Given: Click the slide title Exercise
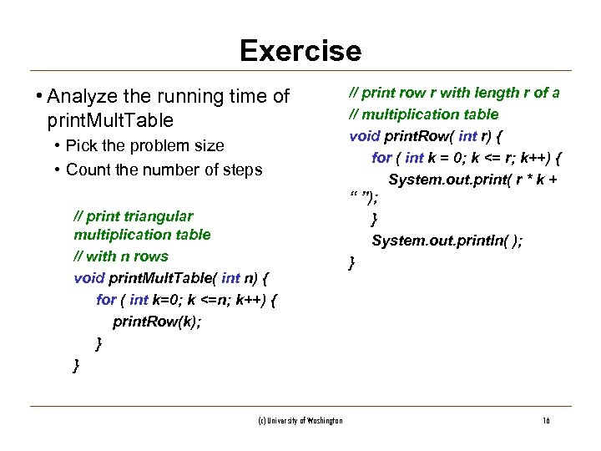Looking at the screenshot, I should (x=300, y=52).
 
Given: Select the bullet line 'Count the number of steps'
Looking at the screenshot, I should (x=164, y=170).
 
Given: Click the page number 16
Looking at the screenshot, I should (x=545, y=421).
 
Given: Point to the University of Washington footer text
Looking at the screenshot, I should (x=300, y=421).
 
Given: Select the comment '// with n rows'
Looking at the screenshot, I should (x=121, y=256).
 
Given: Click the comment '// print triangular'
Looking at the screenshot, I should (x=134, y=215).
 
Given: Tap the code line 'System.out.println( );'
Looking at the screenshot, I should (x=447, y=241).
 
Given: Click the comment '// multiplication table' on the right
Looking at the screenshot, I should (x=424, y=114).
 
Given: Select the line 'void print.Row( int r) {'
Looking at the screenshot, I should (x=430, y=135).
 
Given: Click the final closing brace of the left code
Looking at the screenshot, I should (x=77, y=365).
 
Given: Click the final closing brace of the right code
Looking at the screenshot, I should (x=352, y=263).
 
